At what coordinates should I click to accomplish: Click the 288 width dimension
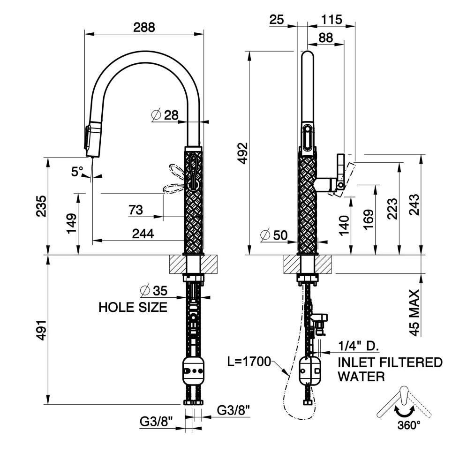[x=144, y=27]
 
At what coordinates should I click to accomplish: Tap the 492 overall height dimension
[x=243, y=153]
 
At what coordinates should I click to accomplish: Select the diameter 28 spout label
[x=165, y=115]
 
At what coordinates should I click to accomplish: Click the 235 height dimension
[x=41, y=206]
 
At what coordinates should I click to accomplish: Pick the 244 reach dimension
[x=143, y=234]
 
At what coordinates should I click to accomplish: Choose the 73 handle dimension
[x=136, y=210]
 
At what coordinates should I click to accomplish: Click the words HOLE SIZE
[x=133, y=307]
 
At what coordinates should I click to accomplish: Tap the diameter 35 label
[x=154, y=291]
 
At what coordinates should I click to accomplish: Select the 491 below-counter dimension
[x=41, y=330]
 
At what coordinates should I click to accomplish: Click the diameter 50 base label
[x=274, y=235]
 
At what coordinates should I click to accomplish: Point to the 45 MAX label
[x=414, y=312]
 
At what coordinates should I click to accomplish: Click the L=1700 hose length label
[x=249, y=362]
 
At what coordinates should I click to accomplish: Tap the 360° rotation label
[x=409, y=425]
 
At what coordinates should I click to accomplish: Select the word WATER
[x=361, y=377]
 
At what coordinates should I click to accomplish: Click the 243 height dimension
[x=414, y=204]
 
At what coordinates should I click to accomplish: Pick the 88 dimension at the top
[x=325, y=38]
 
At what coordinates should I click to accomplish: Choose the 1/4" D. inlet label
[x=358, y=346]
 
